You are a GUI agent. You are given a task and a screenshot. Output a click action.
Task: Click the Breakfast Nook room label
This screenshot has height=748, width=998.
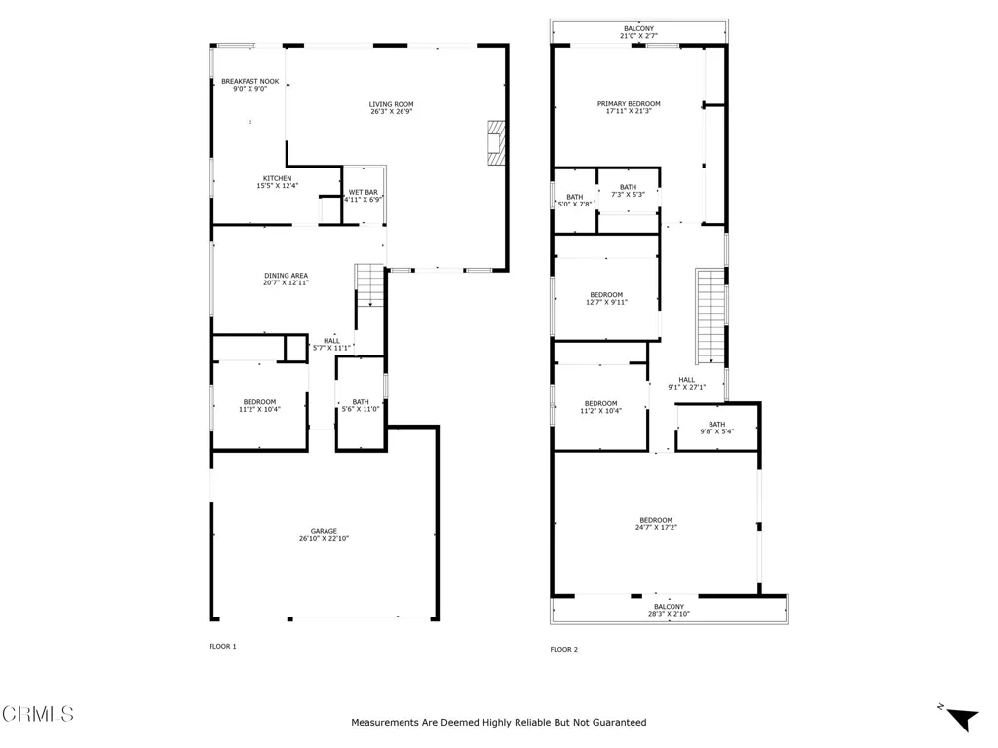click(x=250, y=85)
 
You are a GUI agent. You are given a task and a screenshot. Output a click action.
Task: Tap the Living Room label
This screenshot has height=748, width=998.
click(x=392, y=107)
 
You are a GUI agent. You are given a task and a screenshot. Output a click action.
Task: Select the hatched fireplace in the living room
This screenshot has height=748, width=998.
click(x=496, y=144)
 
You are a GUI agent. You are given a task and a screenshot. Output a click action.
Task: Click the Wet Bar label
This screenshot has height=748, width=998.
click(x=363, y=195)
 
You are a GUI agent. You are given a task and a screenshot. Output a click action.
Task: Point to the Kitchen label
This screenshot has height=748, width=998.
click(x=278, y=182)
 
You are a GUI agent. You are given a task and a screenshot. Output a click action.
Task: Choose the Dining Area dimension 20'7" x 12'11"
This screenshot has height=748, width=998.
click(x=286, y=282)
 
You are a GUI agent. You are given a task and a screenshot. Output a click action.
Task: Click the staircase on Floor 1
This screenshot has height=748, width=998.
click(x=369, y=286)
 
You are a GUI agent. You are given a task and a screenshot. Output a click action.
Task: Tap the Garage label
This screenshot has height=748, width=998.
click(x=324, y=535)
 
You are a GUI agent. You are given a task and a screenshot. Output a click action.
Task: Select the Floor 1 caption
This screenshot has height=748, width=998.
click(x=223, y=647)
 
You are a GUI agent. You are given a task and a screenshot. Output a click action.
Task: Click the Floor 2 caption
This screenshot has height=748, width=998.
click(x=564, y=650)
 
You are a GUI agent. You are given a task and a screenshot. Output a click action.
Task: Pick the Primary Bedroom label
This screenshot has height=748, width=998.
click(x=629, y=107)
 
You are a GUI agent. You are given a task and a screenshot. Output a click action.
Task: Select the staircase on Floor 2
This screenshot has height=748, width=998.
click(x=710, y=317)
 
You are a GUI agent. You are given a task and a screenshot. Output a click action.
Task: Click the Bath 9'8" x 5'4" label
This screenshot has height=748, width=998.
click(x=716, y=428)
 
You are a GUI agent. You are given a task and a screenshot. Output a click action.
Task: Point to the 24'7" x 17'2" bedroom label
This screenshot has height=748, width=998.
click(x=656, y=523)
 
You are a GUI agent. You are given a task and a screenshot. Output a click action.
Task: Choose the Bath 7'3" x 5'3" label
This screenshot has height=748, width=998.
click(x=629, y=191)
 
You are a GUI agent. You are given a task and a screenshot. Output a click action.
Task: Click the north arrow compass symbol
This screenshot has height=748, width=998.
click(x=960, y=718)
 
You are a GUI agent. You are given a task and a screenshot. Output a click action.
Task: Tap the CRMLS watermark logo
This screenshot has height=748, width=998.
click(x=38, y=714)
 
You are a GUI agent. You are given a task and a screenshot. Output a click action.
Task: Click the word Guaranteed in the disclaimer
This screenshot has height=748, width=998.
click(x=619, y=722)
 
